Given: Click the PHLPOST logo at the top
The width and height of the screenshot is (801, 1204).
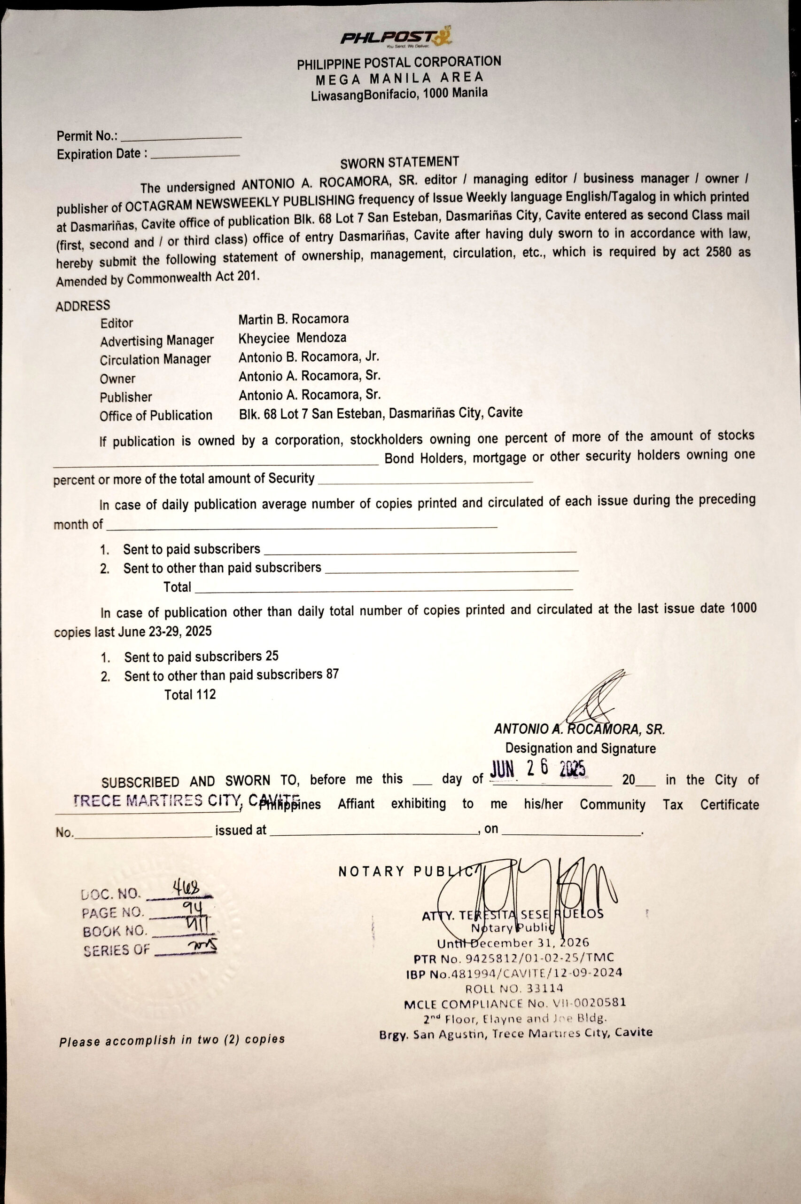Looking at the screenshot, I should click(x=396, y=37).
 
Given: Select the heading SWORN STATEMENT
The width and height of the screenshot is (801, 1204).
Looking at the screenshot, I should click(x=399, y=163).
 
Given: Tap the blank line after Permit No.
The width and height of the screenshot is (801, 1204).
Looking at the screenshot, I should click(x=181, y=137).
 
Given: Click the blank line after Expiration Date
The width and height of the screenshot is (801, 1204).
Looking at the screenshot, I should click(x=195, y=155).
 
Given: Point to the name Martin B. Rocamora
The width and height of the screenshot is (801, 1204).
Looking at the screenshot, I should click(x=293, y=319).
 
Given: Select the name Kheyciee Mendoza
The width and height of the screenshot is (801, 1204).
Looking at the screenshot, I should click(x=292, y=338).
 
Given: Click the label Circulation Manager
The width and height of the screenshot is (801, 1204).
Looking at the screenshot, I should click(x=156, y=359).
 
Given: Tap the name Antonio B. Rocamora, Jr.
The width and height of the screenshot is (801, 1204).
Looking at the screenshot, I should click(x=309, y=356).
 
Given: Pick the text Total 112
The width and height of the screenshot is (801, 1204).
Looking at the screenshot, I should click(x=190, y=694).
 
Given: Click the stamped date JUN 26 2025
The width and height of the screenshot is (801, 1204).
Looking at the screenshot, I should click(x=538, y=768).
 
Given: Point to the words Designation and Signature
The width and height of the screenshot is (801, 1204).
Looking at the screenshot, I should click(x=580, y=748).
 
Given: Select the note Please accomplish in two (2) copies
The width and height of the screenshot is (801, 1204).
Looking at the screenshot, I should click(x=171, y=1040).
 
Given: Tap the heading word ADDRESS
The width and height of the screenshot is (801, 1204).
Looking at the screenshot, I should click(x=83, y=306).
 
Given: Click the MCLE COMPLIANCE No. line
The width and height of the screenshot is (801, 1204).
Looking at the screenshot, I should click(x=514, y=1004).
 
